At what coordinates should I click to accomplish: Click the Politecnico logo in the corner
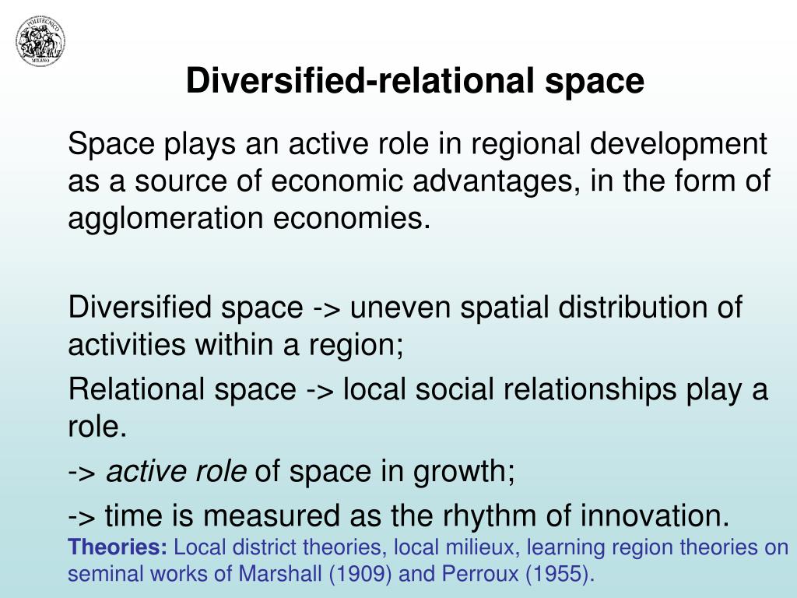(x=40, y=41)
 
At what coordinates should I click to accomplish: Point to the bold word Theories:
(x=118, y=547)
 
